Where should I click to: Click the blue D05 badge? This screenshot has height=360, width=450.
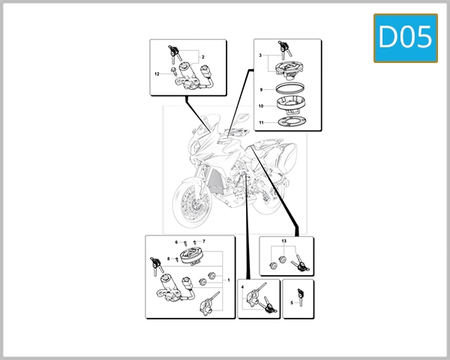[x=405, y=37]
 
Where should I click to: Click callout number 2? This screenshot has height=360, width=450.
[x=202, y=58]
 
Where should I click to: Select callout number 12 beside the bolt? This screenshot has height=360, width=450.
[x=157, y=73]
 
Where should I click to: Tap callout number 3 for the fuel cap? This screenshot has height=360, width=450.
[x=260, y=57]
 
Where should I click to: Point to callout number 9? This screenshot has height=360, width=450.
[x=260, y=90]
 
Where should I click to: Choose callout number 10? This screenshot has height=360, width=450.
[x=260, y=106]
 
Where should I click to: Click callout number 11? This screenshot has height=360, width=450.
[x=260, y=121]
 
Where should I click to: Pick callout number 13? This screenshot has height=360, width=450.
[x=284, y=241]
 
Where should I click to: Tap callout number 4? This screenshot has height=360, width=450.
[x=243, y=287]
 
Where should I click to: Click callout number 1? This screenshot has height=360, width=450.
[x=227, y=279]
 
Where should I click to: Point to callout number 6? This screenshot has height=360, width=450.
[x=177, y=242]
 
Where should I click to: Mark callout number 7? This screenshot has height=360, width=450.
[x=203, y=241]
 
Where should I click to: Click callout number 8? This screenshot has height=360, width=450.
[x=169, y=258]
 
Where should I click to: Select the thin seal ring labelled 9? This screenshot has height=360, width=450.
[x=289, y=90]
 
